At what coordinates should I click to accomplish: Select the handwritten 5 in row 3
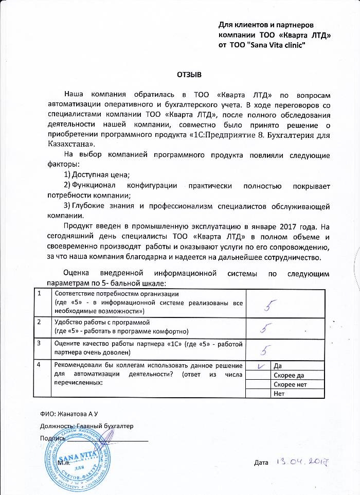coord(265,350)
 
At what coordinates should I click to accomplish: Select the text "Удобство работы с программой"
coord(101,322)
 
